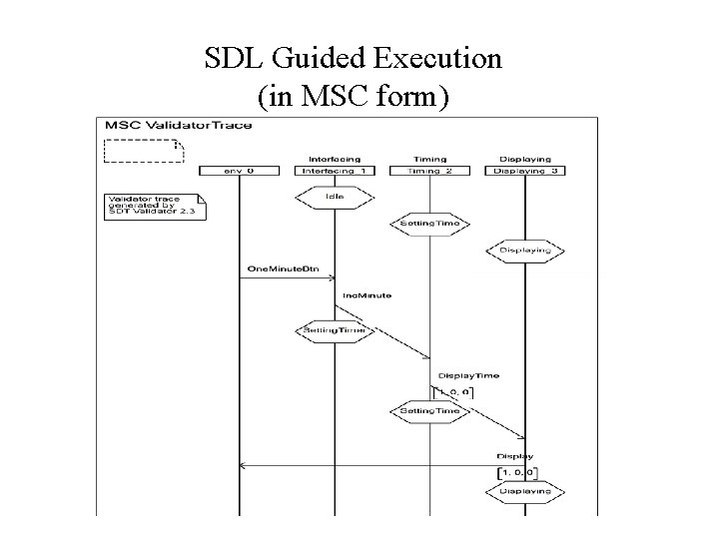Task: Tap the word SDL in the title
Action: (x=230, y=59)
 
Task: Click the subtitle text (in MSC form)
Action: (x=353, y=97)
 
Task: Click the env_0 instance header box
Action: (x=239, y=171)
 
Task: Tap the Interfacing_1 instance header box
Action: (x=335, y=171)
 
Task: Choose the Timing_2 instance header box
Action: (x=429, y=171)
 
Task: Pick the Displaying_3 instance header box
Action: (x=525, y=171)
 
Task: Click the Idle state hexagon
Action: (x=335, y=197)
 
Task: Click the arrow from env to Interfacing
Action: (x=287, y=278)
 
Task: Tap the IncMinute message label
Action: (x=367, y=295)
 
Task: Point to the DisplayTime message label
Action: (x=469, y=376)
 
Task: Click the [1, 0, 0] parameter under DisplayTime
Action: (x=455, y=391)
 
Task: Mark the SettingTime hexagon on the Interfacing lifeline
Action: (x=335, y=329)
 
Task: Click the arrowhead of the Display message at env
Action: (x=243, y=464)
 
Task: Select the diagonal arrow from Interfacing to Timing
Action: (x=384, y=333)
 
